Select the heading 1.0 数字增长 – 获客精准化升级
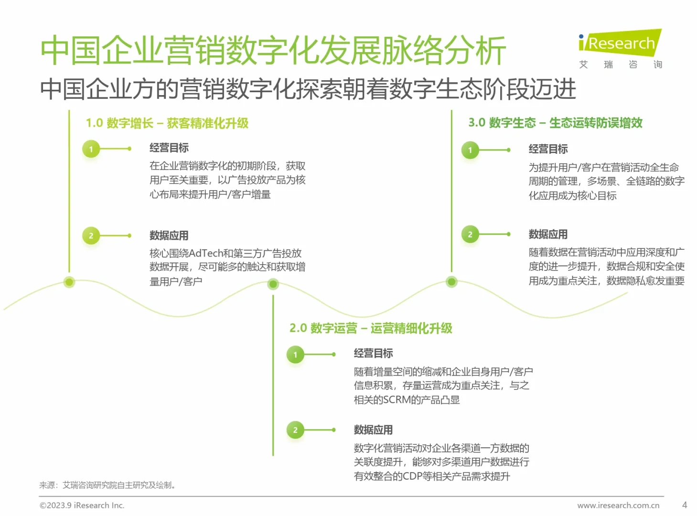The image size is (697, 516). point(167,123)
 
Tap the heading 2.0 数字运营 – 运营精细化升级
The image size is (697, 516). point(370,328)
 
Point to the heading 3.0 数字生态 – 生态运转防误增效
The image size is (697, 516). point(555,123)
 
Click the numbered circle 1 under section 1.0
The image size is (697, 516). point(91,149)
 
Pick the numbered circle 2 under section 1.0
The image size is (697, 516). point(91,236)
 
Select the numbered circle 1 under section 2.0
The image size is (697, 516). point(295,355)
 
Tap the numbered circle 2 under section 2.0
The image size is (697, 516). point(295,430)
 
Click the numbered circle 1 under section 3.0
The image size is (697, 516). point(470,150)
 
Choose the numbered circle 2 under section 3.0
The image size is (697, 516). point(470,234)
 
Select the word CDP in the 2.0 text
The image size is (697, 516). point(412,476)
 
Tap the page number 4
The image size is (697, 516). point(684,505)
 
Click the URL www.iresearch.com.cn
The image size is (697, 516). point(618,505)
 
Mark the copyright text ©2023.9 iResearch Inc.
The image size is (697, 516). point(82,505)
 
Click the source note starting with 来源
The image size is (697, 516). point(107,485)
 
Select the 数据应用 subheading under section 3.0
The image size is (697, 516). point(548,235)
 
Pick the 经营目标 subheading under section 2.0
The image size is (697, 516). point(373,354)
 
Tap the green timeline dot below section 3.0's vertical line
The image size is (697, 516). point(451,282)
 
